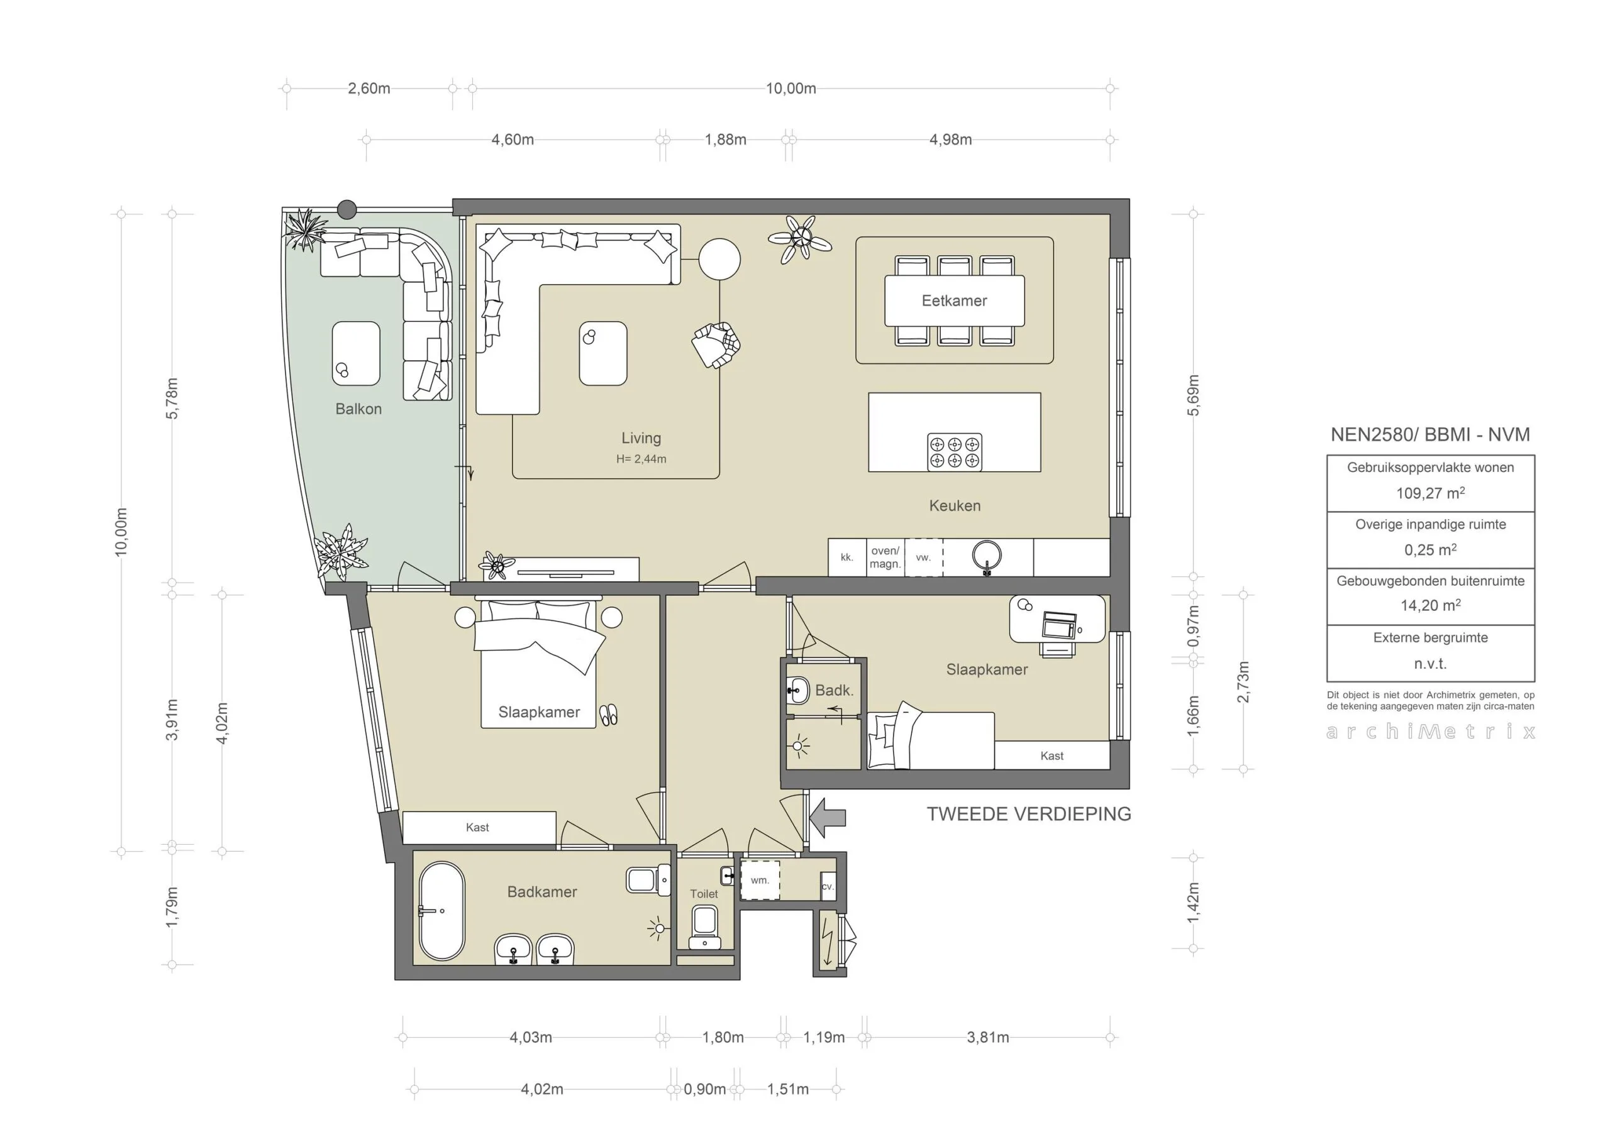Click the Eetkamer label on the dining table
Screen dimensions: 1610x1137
pyautogui.click(x=953, y=300)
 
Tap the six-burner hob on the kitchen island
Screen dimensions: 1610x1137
pyautogui.click(x=954, y=451)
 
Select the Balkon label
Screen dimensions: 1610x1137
pyautogui.click(x=358, y=409)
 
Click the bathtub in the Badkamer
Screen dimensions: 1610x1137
pyautogui.click(x=441, y=911)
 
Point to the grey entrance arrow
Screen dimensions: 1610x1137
pyautogui.click(x=828, y=817)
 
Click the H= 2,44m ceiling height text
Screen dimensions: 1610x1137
pyautogui.click(x=641, y=459)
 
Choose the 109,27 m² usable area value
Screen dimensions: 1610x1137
pyautogui.click(x=1430, y=493)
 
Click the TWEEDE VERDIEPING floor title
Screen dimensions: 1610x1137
pyautogui.click(x=1029, y=814)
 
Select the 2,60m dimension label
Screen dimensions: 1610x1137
pyautogui.click(x=369, y=89)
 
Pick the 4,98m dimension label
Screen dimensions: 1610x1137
pyautogui.click(x=950, y=140)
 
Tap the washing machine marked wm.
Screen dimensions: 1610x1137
pyautogui.click(x=760, y=881)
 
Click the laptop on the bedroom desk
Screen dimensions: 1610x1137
pyautogui.click(x=1059, y=625)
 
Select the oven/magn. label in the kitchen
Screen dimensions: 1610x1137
pyautogui.click(x=885, y=558)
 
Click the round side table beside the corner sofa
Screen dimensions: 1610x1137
pyautogui.click(x=719, y=260)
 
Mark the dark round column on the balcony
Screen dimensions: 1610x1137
pyautogui.click(x=347, y=209)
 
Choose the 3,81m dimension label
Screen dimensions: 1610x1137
pyautogui.click(x=987, y=1038)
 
